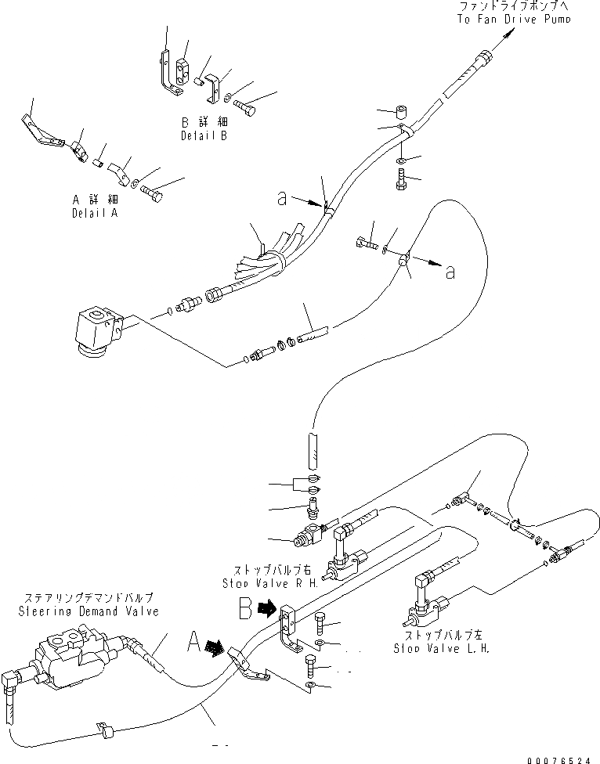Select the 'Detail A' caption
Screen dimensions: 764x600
95,212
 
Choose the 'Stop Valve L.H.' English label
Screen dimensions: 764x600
442,649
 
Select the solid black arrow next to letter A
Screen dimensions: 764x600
212,647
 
